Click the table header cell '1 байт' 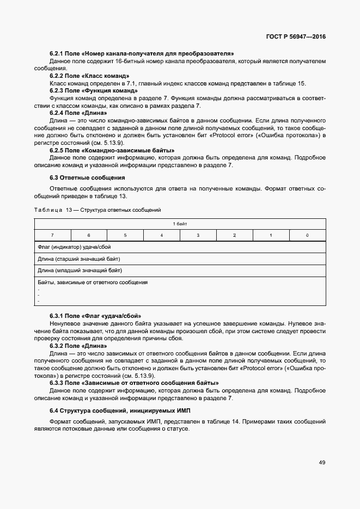point(180,224)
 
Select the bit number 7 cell point(52,235)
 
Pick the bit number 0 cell point(307,235)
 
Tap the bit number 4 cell point(162,235)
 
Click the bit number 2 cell point(234,235)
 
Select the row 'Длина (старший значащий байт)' point(79,259)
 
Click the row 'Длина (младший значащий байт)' point(80,270)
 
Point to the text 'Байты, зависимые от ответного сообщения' point(93,283)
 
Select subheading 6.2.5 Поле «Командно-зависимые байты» point(112,150)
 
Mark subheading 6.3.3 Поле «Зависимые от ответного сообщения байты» point(135,383)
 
